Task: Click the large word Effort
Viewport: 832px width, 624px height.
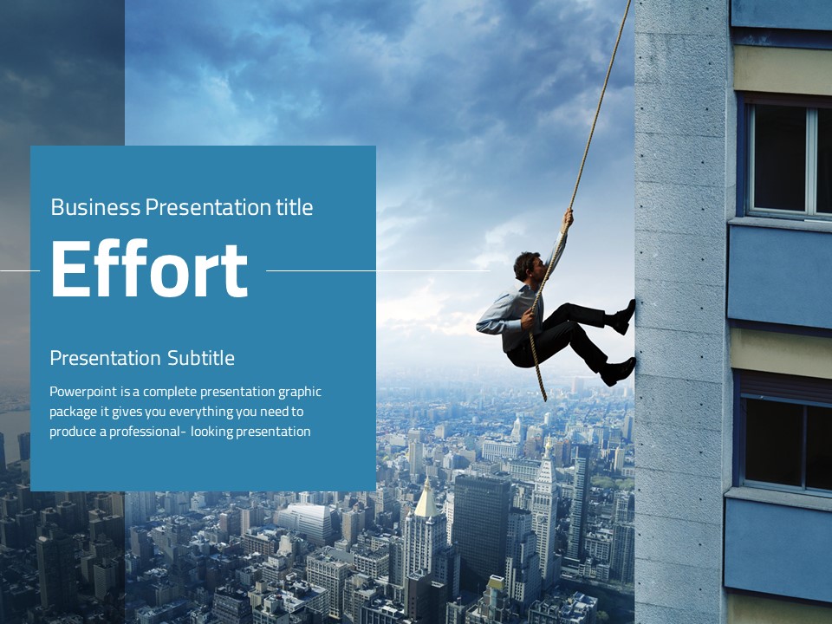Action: (149, 269)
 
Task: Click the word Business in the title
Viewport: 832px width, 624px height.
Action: (95, 207)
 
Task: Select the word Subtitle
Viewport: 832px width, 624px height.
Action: (201, 358)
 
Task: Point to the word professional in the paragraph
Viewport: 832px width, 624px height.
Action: (145, 432)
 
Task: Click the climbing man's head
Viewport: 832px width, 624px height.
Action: (528, 265)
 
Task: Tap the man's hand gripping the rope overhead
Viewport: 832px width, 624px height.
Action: (568, 218)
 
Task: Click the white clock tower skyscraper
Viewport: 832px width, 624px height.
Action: (545, 510)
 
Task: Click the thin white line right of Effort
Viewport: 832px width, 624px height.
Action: (378, 270)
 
